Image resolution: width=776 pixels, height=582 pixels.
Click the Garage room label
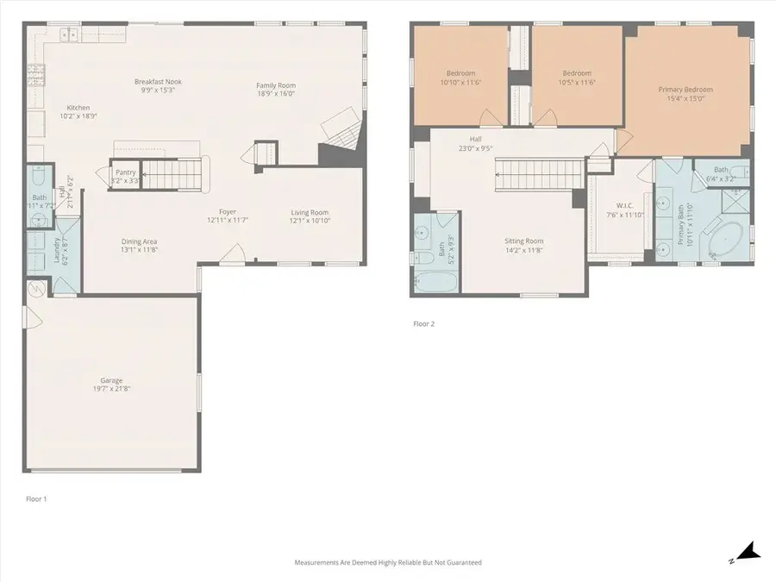coord(110,380)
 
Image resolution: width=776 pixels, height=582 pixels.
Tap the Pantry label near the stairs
coord(126,172)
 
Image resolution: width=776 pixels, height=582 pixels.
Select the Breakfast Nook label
coord(158,82)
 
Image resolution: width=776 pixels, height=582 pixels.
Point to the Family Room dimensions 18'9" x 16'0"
coord(275,94)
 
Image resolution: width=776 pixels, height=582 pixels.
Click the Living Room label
coord(309,212)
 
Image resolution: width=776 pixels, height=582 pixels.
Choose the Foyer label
coord(228,211)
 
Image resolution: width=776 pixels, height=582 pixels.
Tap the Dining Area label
coord(139,241)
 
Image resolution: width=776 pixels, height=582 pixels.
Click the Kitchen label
coord(78,108)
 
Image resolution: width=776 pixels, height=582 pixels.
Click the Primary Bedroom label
coord(685,90)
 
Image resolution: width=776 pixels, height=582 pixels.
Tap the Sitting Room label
coord(523,241)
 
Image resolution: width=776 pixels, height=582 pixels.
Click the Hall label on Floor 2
coord(475,138)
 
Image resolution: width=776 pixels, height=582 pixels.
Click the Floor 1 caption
coord(35,498)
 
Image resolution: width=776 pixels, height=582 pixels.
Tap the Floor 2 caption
coord(423,324)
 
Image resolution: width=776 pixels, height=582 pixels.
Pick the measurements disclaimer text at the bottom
coord(388,562)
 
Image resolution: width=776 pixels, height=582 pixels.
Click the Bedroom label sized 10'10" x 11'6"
coord(460,73)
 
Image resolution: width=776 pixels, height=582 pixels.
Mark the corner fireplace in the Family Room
coord(341,134)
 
